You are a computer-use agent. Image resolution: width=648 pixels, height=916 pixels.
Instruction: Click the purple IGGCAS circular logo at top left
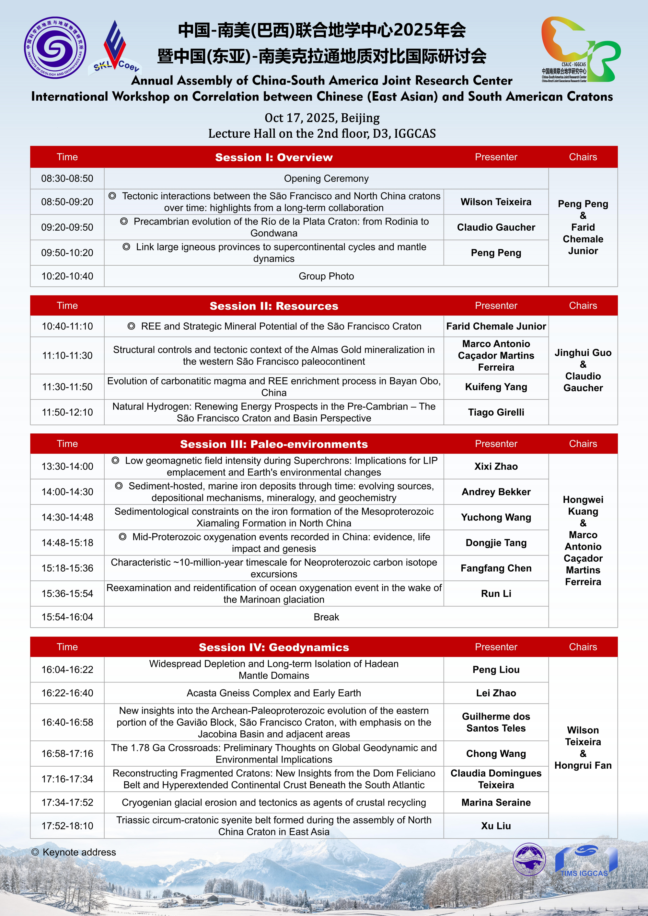point(55,48)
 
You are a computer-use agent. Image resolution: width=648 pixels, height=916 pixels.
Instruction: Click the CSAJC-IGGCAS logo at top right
point(581,50)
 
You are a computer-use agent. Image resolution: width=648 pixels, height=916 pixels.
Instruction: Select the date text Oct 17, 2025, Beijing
point(322,118)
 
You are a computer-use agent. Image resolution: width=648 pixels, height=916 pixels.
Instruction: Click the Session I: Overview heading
point(274,157)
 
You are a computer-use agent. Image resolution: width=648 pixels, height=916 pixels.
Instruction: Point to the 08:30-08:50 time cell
point(67,178)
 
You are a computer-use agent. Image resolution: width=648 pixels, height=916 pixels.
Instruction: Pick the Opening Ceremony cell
point(326,178)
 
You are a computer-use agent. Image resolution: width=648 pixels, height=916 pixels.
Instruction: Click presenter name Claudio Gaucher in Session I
point(496,227)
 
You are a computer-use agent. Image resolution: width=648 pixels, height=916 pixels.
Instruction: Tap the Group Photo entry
point(326,276)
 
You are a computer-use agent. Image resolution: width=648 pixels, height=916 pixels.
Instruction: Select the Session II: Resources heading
point(274,306)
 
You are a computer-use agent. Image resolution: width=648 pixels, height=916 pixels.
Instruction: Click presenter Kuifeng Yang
point(496,387)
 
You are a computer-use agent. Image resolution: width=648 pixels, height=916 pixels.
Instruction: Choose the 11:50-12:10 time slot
point(67,412)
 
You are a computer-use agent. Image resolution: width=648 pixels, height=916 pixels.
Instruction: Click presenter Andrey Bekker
point(496,492)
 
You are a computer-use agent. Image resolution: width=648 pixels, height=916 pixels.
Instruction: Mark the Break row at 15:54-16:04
point(326,617)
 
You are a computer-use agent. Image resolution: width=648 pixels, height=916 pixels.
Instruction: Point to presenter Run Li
point(496,594)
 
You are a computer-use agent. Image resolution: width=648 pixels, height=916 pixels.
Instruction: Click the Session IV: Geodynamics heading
point(274,647)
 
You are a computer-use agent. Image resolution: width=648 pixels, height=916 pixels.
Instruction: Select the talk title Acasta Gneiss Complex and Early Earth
point(274,693)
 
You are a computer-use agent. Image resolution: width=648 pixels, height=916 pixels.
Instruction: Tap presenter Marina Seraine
point(496,802)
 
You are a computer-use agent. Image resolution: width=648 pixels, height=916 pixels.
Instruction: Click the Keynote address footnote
point(74,852)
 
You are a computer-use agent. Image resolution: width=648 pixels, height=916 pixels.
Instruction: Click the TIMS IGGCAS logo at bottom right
point(586,861)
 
